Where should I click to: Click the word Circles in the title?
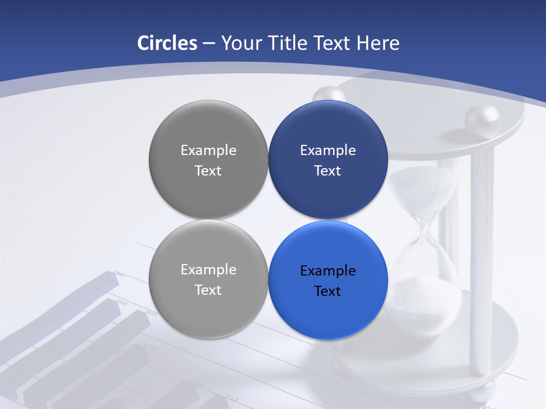point(167,43)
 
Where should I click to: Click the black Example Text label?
point(328,281)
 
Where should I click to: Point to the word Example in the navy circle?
point(328,151)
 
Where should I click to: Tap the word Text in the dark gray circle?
point(208,171)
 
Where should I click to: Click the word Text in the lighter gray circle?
point(208,290)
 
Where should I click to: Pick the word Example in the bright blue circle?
point(328,271)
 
